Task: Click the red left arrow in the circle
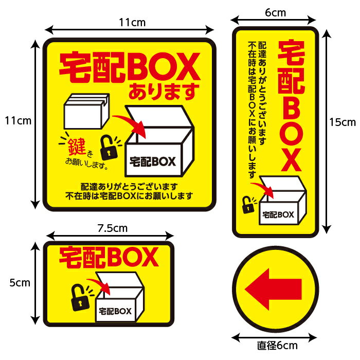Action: (x=273, y=289)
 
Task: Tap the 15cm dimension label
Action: (x=343, y=122)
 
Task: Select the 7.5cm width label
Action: (x=112, y=228)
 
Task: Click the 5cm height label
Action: (x=20, y=283)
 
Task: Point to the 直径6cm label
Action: (x=277, y=346)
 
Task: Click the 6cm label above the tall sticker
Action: (x=275, y=13)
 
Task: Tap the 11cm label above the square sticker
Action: (x=132, y=23)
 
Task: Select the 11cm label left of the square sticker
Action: (x=18, y=121)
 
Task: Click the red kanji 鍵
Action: (x=77, y=147)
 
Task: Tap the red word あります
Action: (x=164, y=92)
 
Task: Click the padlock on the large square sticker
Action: (x=109, y=148)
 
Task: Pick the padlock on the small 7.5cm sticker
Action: (x=80, y=297)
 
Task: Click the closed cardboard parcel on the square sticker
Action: (x=86, y=111)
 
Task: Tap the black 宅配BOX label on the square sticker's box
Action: (x=153, y=161)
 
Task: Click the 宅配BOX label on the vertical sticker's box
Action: (x=278, y=215)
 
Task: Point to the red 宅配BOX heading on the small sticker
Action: (x=109, y=258)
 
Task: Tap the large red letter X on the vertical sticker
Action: (x=291, y=160)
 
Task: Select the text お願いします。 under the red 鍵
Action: (x=87, y=163)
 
